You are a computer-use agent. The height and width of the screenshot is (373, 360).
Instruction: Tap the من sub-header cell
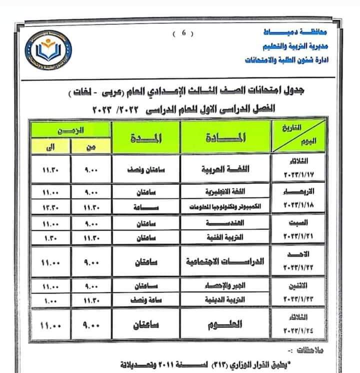[x=90, y=147]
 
